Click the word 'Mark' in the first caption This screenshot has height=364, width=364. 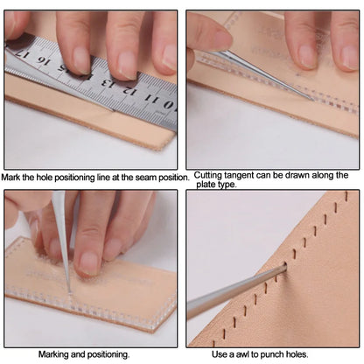click(12, 177)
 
